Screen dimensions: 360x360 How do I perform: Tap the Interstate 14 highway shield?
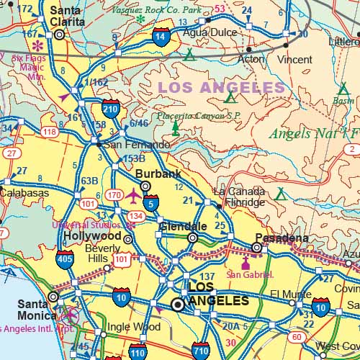point(162,37)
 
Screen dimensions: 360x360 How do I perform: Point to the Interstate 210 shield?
point(111,109)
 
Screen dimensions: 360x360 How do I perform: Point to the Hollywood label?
point(92,235)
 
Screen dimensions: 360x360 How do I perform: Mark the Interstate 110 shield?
point(137,352)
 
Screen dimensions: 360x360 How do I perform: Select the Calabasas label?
point(24,193)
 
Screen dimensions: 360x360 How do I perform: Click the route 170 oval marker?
point(114,194)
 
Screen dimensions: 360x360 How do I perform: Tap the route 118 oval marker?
point(49,132)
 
